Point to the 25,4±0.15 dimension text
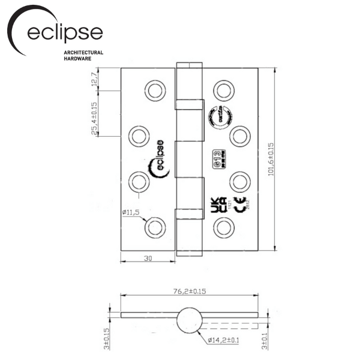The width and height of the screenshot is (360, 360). (x=94, y=118)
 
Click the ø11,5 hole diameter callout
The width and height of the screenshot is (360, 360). (x=130, y=212)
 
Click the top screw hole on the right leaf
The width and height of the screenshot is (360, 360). (x=224, y=91)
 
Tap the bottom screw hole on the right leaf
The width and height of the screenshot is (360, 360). (x=224, y=227)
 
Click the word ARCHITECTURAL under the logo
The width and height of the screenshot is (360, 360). (x=83, y=52)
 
